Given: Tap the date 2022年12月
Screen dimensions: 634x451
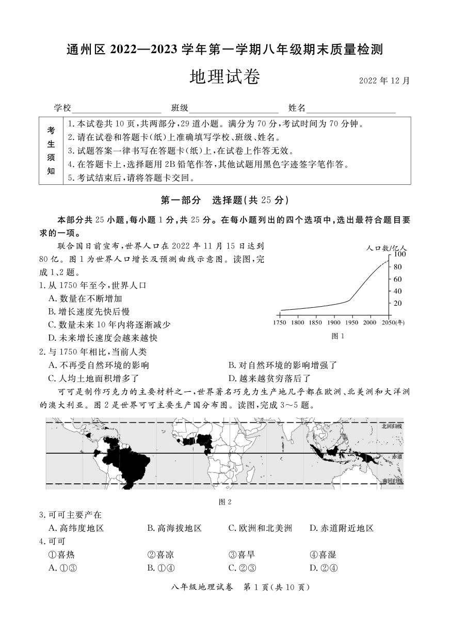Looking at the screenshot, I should point(384,81).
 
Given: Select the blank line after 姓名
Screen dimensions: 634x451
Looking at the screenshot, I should point(351,108).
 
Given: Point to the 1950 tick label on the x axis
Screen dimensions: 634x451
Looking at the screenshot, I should point(351,323).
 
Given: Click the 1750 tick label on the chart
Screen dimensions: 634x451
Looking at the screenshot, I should point(280,323).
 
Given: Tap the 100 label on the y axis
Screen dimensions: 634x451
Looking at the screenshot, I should point(400,255).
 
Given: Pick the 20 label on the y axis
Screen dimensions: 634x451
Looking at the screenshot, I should point(398,303).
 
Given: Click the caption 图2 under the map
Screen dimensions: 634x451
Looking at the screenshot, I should point(225,502).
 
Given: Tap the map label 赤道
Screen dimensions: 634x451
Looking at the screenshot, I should point(396,457).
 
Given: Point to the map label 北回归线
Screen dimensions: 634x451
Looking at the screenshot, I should point(391,426).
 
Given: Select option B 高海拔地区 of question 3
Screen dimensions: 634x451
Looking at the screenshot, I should point(174,528).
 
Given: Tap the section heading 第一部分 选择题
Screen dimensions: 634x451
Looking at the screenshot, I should point(225,200).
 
